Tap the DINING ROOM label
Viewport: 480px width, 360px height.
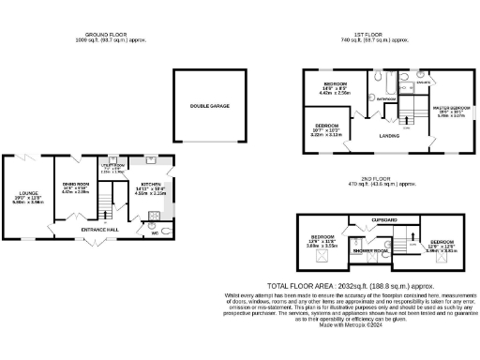[74, 185]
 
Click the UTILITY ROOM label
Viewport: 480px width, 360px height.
[110, 166]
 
